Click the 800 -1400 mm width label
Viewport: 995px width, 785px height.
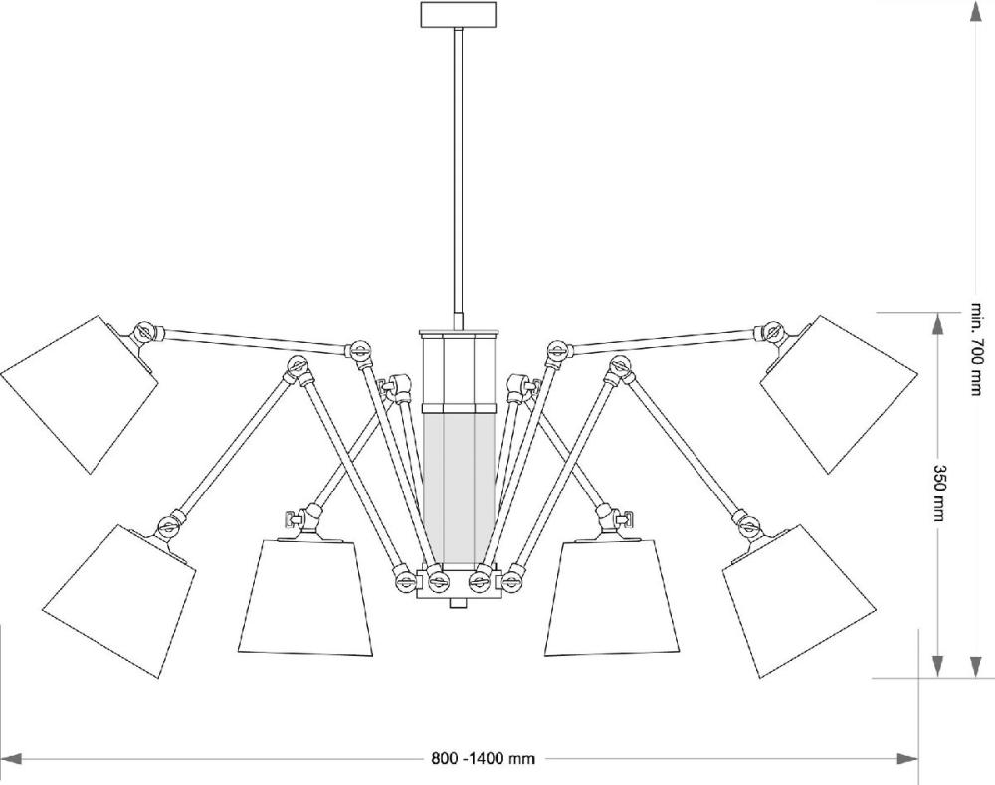click(483, 758)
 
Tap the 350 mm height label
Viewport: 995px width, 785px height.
click(939, 493)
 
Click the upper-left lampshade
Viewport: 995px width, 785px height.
click(79, 395)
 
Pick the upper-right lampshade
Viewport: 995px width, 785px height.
click(839, 395)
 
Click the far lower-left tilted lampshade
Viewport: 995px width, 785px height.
click(118, 601)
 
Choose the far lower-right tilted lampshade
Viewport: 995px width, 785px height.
click(800, 601)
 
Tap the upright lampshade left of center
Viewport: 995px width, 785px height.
click(305, 597)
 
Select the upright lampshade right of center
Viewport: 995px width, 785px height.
click(612, 597)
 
